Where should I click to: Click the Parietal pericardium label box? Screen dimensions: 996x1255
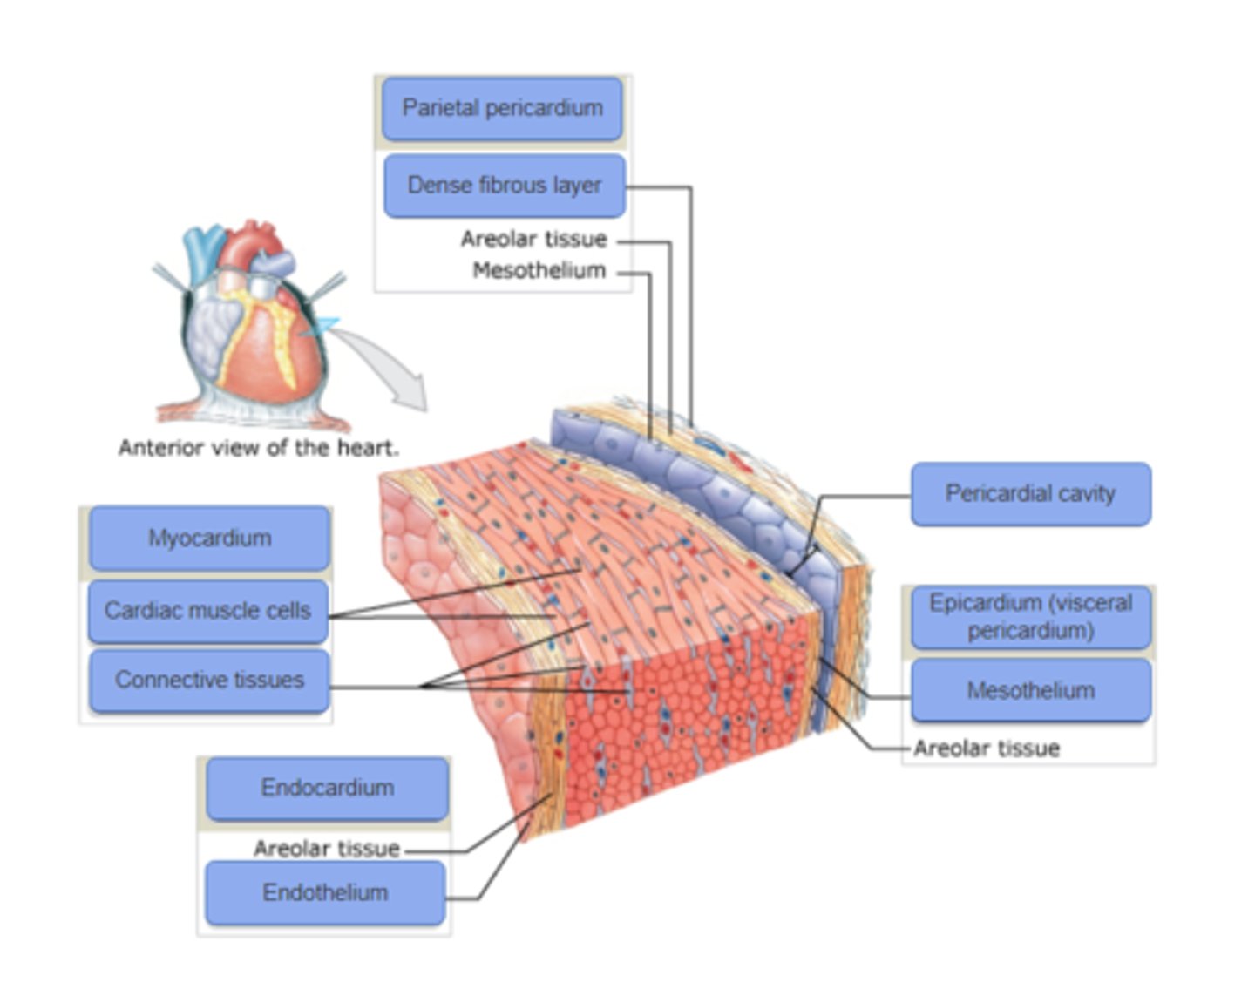[x=502, y=109]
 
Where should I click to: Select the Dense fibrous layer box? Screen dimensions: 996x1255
[x=504, y=186]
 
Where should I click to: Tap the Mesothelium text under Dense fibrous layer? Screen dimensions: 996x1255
[x=539, y=271]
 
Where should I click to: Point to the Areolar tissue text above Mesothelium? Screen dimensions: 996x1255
[x=533, y=239]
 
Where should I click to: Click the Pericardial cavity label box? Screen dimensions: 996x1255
[x=1030, y=494]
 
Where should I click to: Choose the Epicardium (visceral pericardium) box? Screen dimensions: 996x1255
[x=1030, y=617]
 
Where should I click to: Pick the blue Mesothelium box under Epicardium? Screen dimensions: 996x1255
[x=1030, y=691]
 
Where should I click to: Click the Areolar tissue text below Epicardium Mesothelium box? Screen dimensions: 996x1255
[x=987, y=749]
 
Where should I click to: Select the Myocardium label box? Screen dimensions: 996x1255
[x=209, y=539]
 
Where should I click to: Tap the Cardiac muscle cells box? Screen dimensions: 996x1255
[x=207, y=611]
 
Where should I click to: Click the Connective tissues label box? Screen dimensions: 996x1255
[x=209, y=681]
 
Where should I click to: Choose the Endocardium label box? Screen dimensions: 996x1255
[x=327, y=789]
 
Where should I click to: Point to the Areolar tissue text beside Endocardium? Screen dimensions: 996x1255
[x=326, y=849]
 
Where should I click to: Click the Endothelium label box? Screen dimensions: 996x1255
[x=325, y=893]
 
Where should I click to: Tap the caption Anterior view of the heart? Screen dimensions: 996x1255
[x=258, y=448]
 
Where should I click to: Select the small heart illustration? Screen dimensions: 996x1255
[x=253, y=322]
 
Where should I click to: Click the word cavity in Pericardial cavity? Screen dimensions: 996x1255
[x=1085, y=494]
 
